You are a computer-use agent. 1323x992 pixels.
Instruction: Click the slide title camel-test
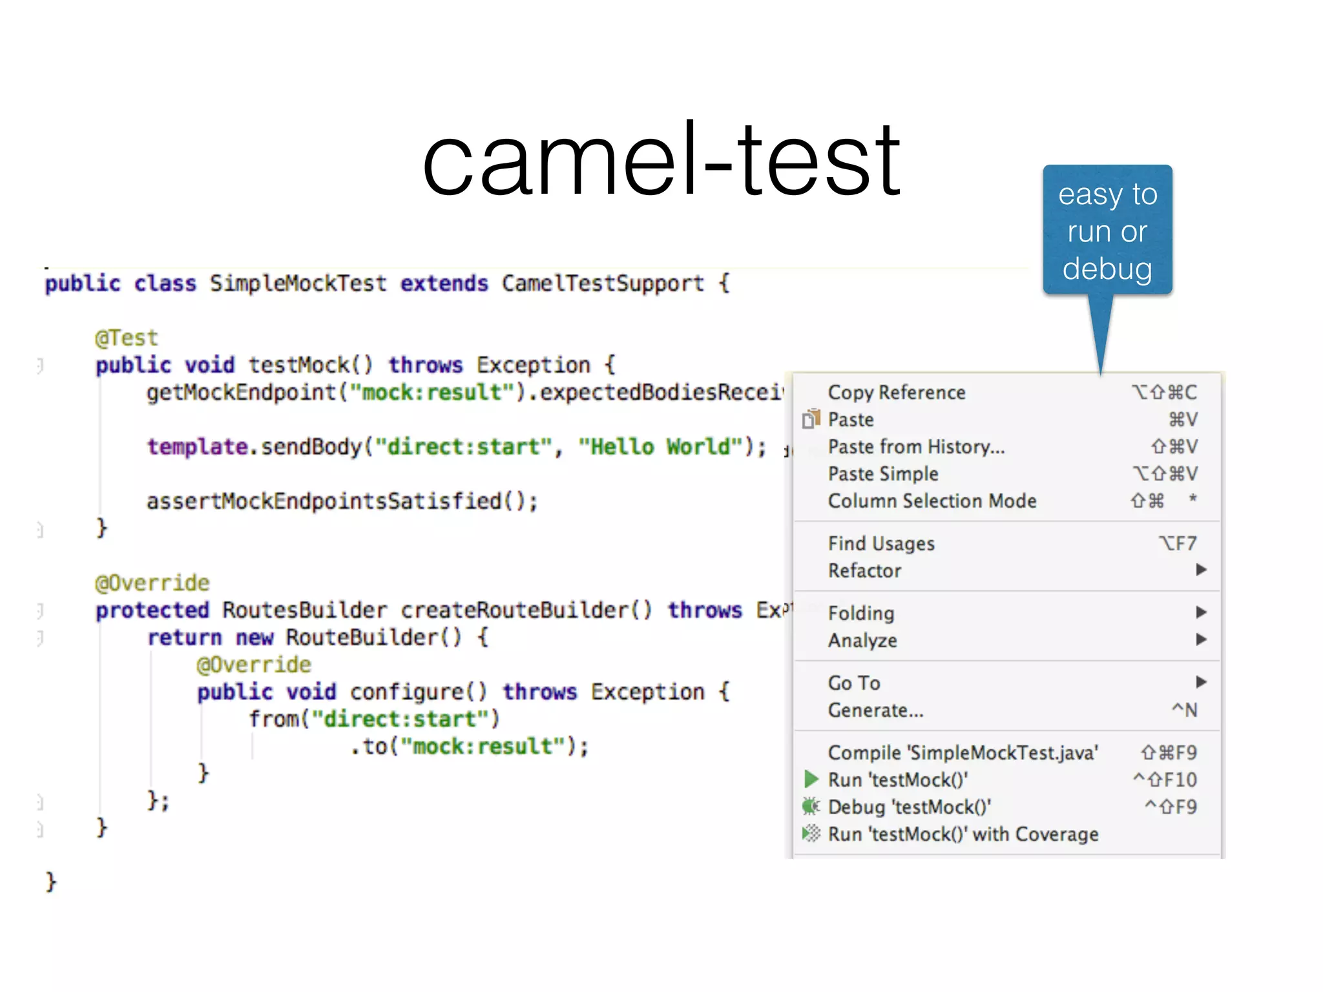661,160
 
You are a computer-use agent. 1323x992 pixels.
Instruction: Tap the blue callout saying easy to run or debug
1107,231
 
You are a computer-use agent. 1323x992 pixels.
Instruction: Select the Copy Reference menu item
897,393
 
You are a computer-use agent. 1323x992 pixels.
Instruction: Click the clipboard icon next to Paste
811,419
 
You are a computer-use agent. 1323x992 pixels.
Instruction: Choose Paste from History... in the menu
916,447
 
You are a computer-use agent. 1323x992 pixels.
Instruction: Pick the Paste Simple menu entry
883,474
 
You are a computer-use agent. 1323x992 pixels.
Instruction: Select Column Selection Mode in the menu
932,501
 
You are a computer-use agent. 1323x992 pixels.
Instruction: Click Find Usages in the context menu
881,544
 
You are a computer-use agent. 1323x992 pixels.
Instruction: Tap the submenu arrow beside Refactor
1201,570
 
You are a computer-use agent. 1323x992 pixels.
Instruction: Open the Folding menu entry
861,613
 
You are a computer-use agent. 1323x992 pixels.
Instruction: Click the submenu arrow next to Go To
1201,681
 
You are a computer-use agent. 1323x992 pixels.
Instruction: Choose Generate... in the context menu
875,710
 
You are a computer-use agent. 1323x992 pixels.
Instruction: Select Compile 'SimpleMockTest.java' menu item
963,753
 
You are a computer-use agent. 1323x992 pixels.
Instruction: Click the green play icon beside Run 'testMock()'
811,780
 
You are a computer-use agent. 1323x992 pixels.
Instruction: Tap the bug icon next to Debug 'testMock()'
811,807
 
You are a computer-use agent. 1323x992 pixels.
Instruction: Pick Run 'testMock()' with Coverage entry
963,834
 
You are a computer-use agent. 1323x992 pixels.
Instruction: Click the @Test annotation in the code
126,338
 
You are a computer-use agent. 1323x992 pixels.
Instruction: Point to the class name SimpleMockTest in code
298,284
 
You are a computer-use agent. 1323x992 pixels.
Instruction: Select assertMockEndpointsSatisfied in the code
324,501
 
